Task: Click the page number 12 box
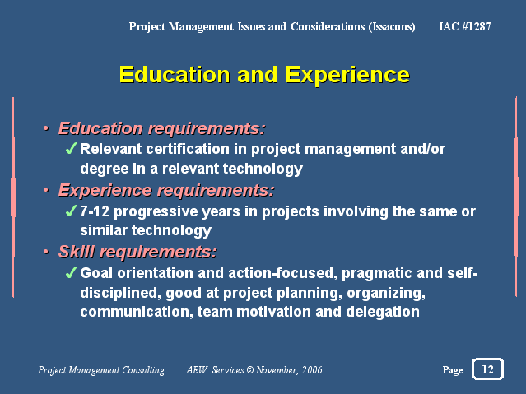tap(487, 369)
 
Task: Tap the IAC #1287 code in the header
tap(465, 26)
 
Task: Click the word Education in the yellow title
tap(175, 74)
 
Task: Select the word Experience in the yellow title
tap(347, 75)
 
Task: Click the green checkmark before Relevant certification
tap(72, 148)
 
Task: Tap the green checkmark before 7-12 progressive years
tap(72, 211)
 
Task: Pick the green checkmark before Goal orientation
tap(72, 272)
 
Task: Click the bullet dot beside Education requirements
tap(46, 128)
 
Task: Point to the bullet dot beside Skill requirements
tap(46, 252)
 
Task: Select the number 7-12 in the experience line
tap(95, 211)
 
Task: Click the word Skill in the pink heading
tap(77, 252)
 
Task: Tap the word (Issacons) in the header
tap(392, 27)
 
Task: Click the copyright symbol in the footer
tap(250, 369)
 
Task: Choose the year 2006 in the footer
tap(312, 369)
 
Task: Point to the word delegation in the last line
tap(383, 312)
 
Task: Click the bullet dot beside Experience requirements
tap(46, 190)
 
